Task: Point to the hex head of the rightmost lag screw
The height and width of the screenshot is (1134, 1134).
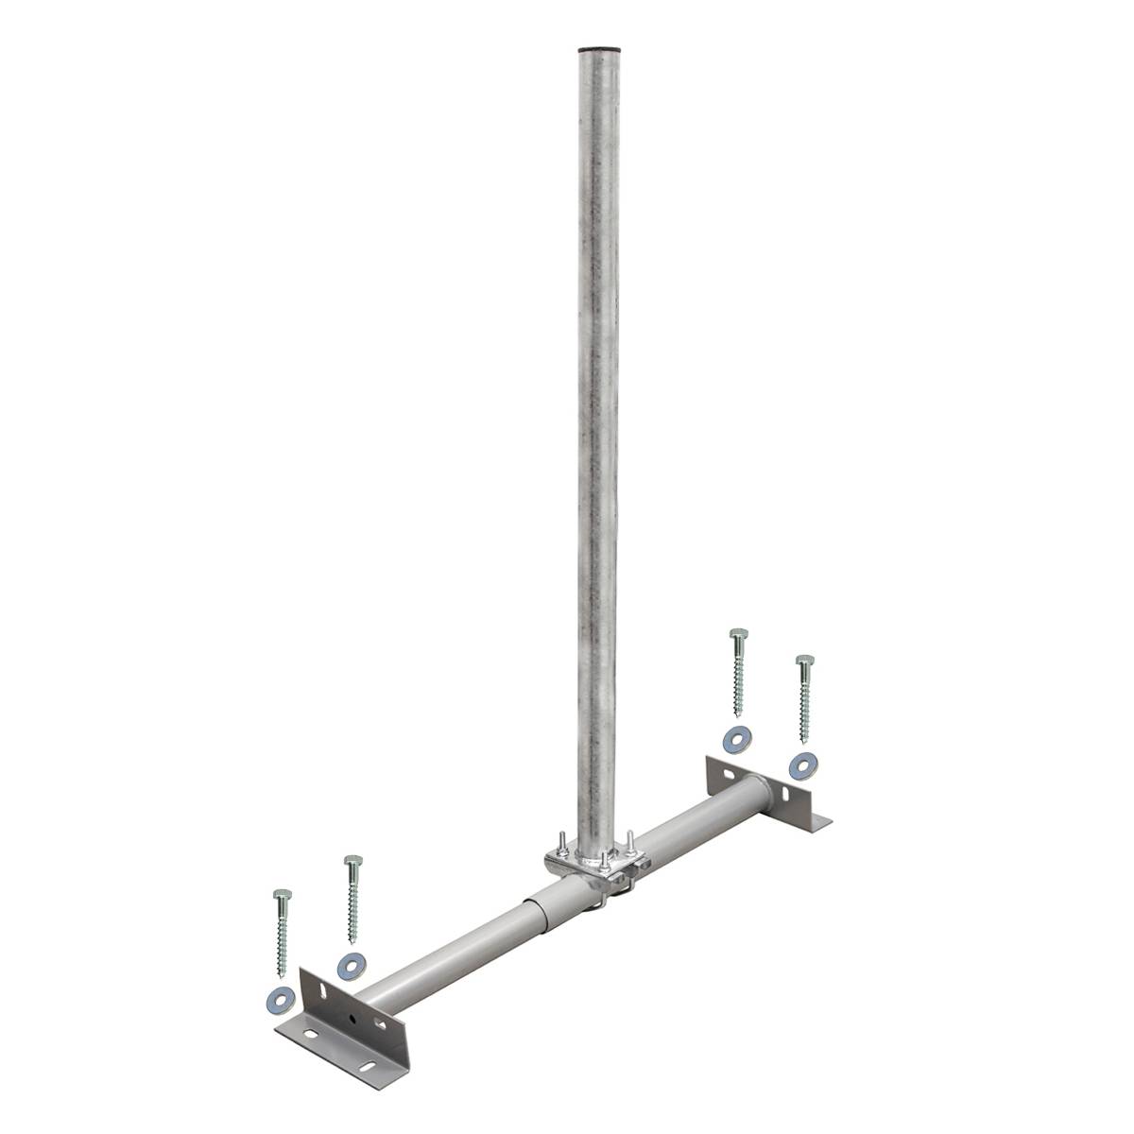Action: point(804,660)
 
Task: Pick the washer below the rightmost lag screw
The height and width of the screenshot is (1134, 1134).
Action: point(803,762)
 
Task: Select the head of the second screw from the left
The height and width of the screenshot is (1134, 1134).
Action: point(352,861)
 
